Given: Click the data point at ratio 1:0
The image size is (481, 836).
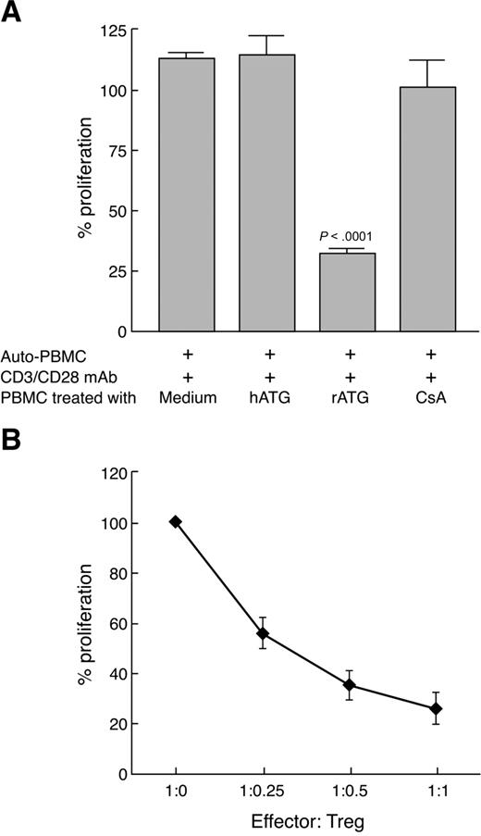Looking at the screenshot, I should [x=175, y=522].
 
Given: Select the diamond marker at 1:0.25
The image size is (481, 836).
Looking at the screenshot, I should [x=263, y=633].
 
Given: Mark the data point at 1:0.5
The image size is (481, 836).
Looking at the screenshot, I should [x=349, y=685].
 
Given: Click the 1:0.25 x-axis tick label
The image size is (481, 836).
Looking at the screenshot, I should [x=263, y=793].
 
